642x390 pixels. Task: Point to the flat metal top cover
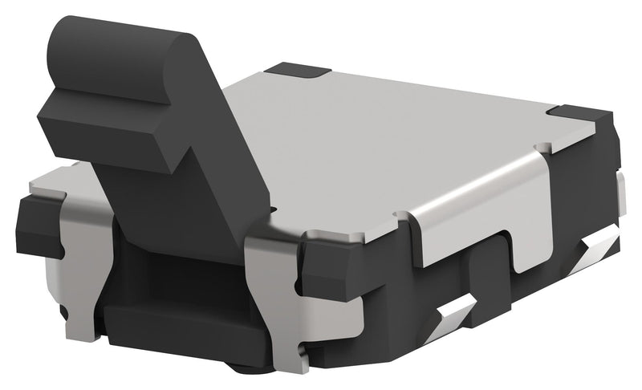pos(385,144)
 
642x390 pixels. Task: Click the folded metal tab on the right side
pos(481,217)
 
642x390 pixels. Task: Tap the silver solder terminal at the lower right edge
pos(598,245)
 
